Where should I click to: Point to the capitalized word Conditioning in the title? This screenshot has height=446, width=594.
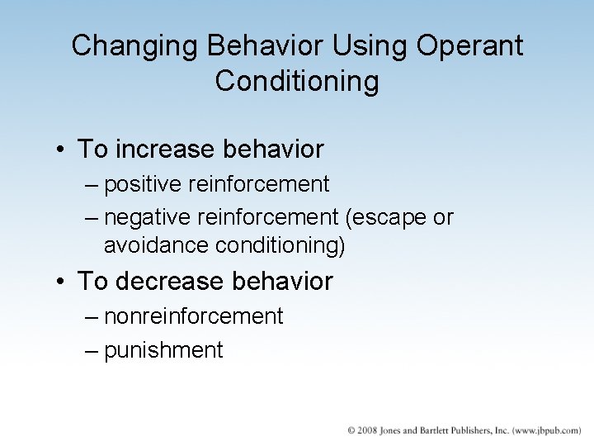(x=297, y=82)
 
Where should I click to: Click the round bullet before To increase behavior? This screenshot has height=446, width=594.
(x=62, y=150)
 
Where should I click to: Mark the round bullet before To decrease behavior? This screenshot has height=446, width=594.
(x=62, y=282)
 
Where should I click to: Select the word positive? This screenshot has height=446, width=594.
(x=145, y=183)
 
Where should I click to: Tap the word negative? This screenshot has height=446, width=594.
(x=148, y=216)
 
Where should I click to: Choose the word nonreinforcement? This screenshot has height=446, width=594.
(x=193, y=316)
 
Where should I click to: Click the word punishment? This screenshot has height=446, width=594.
(x=163, y=350)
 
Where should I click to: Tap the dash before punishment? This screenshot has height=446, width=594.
(x=92, y=350)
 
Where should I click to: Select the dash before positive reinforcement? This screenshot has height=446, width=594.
(x=92, y=183)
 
